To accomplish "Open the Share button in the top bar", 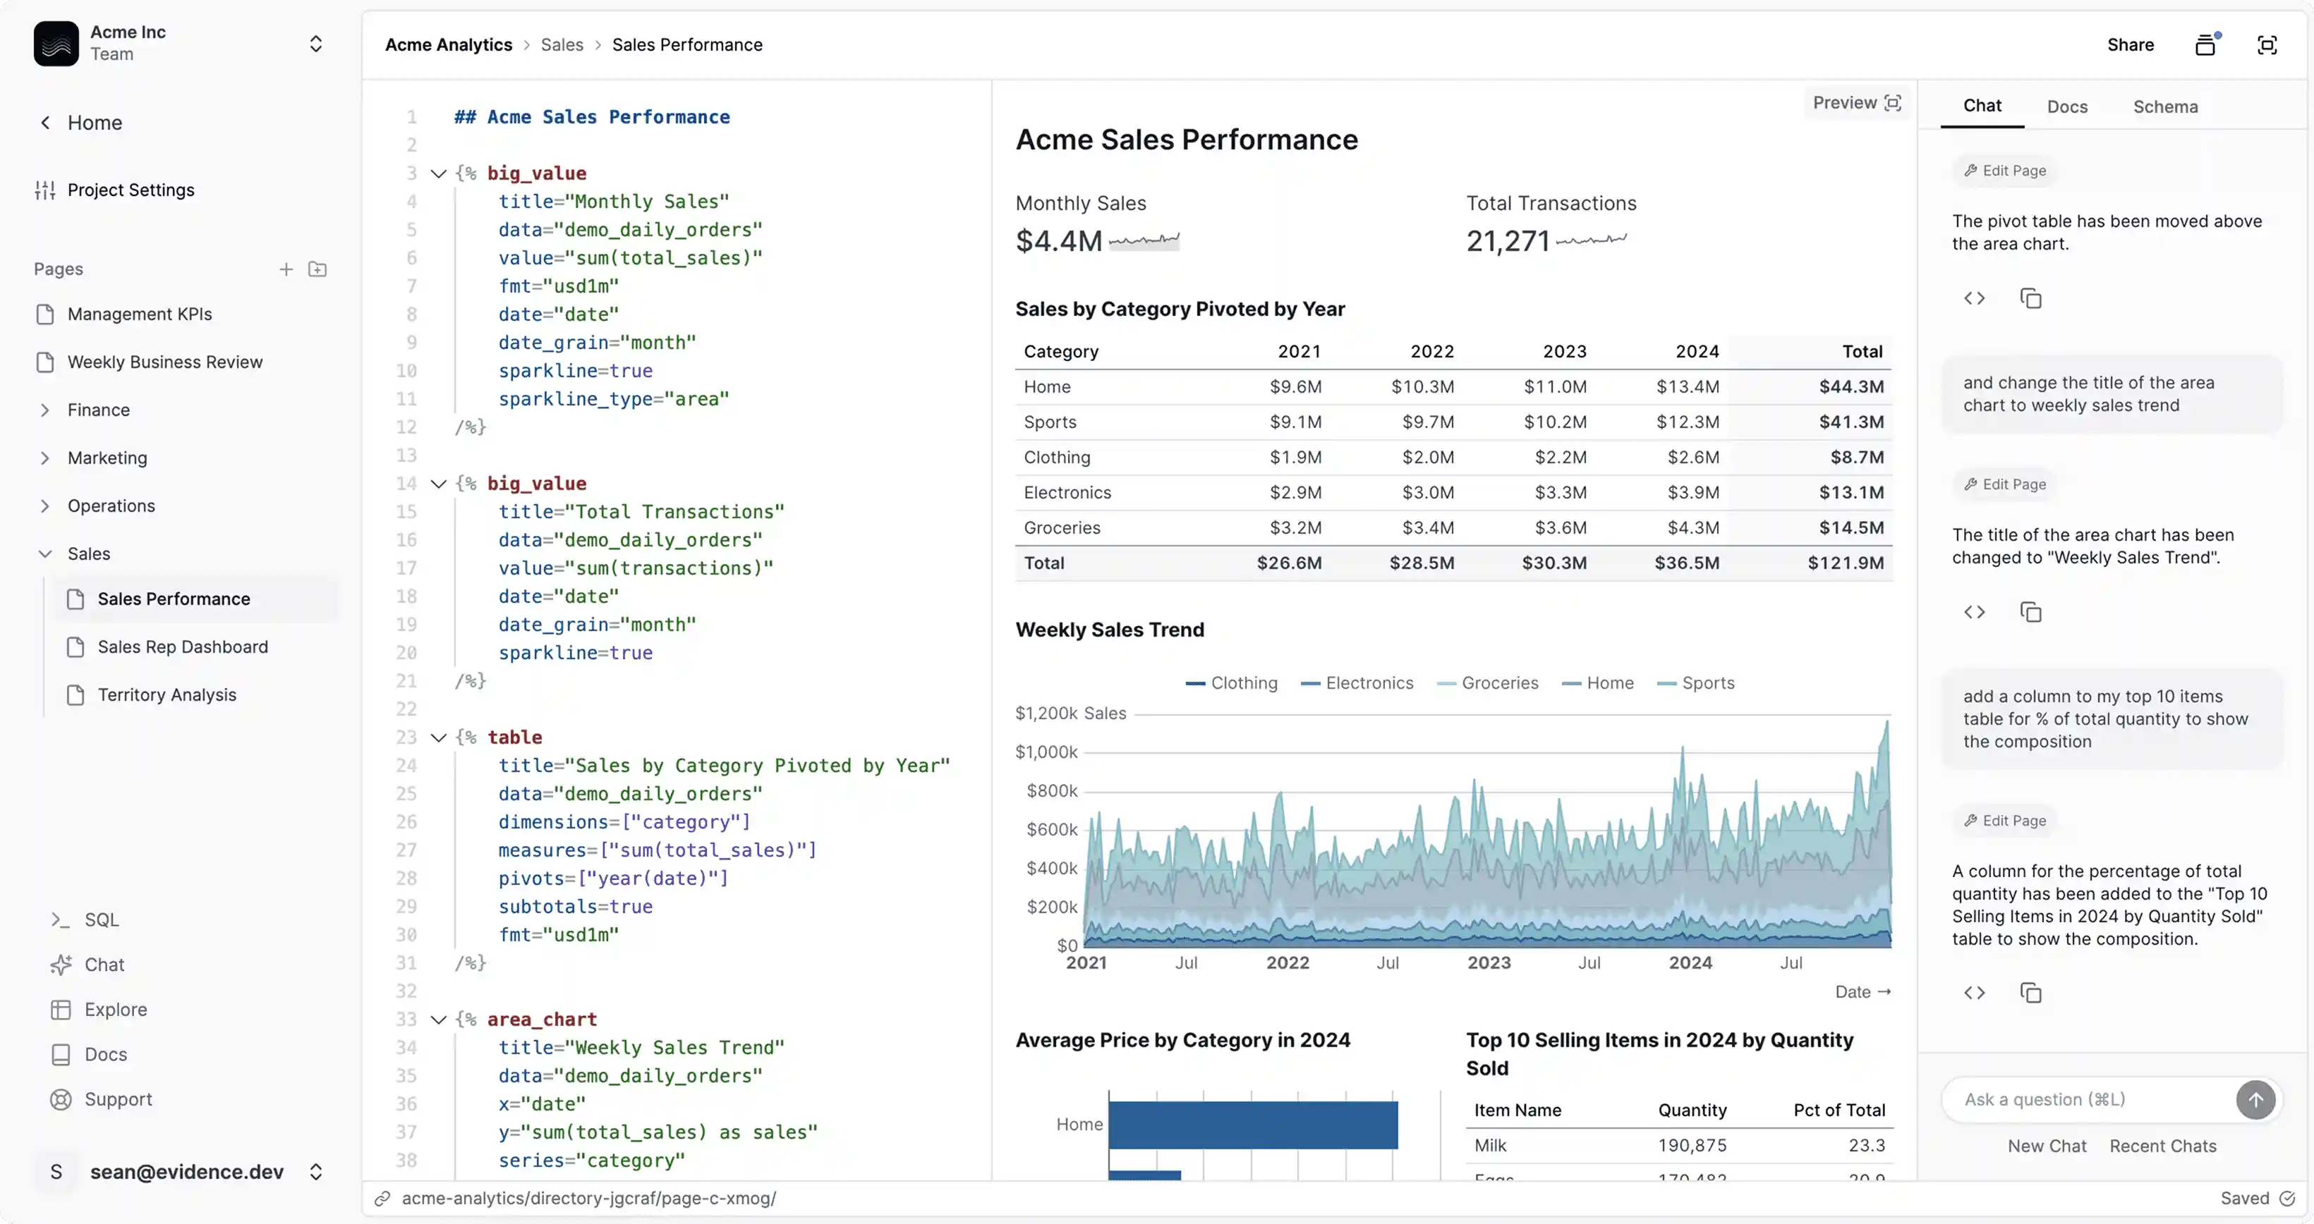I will (2130, 45).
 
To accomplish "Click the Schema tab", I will (2165, 107).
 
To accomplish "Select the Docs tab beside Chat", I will (2066, 107).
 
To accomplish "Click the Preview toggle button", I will (1856, 103).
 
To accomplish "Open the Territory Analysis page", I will (167, 695).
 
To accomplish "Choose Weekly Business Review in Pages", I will (164, 362).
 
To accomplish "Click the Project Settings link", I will (131, 190).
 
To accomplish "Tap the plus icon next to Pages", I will (286, 269).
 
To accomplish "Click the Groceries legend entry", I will (1498, 683).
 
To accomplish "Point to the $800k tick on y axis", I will (1052, 791).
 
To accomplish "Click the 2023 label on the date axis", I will (1489, 962).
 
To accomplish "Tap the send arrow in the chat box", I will (2255, 1099).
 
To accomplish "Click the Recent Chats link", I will (2162, 1146).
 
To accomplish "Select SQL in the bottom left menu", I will (101, 919).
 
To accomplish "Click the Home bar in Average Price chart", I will (1252, 1125).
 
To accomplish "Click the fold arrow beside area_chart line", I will (438, 1020).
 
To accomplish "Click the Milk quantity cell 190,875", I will (1692, 1145).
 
